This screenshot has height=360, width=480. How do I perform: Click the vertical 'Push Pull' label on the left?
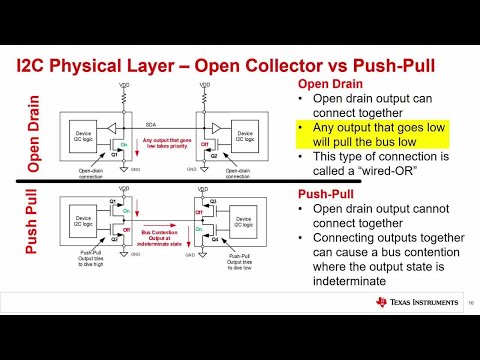(33, 231)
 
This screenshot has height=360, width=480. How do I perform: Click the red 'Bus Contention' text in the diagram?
(161, 228)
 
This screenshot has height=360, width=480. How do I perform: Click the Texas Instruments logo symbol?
(382, 302)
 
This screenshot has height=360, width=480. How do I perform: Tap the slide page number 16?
(470, 302)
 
